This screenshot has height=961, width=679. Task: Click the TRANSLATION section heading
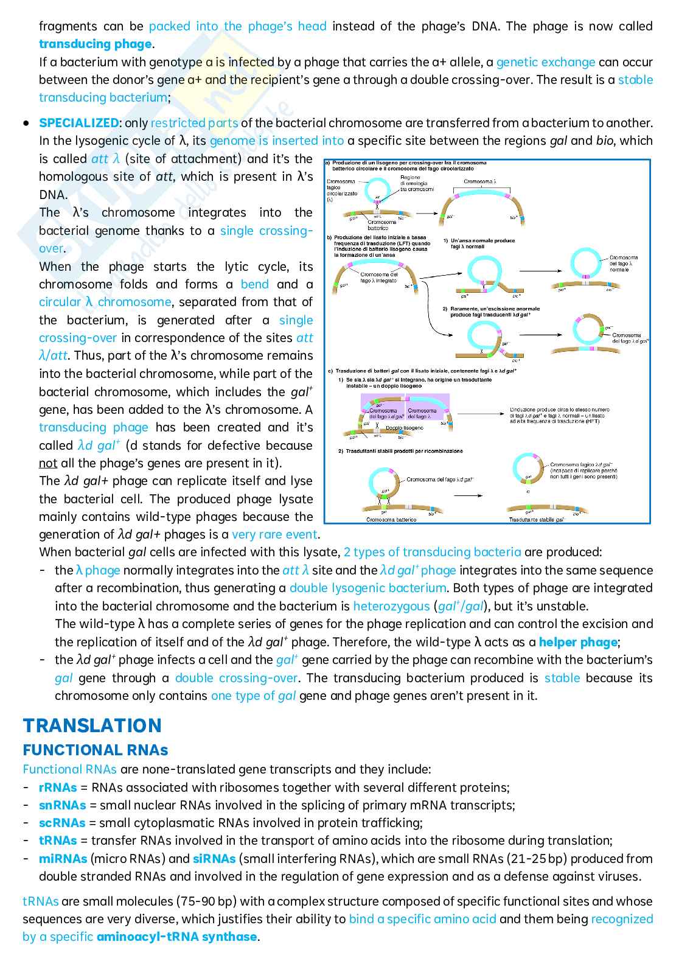point(92,725)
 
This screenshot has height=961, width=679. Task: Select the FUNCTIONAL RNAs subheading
point(96,750)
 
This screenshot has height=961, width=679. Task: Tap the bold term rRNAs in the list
point(58,788)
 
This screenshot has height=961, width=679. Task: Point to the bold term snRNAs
point(62,805)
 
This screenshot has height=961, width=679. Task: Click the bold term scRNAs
point(62,823)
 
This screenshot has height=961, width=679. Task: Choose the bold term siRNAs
point(214,859)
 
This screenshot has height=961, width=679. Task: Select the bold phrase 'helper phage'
point(578,642)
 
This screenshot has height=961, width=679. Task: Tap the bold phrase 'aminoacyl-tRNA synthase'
point(176,937)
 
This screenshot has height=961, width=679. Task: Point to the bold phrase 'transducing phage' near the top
point(96,44)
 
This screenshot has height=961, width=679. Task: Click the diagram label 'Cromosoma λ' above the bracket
point(481,181)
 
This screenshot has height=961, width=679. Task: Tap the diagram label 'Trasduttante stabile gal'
point(536,519)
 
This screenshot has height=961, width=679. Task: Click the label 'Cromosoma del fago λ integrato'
point(378,278)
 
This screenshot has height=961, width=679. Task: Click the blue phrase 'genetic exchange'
point(546,62)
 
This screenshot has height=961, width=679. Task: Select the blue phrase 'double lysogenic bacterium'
point(367,588)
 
